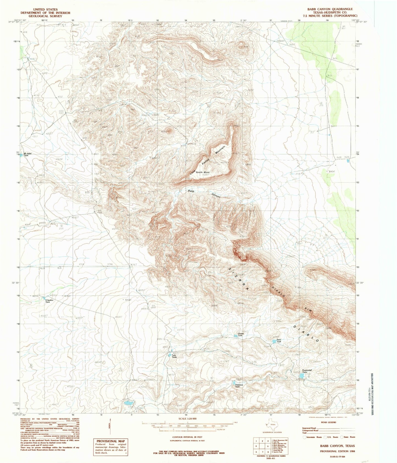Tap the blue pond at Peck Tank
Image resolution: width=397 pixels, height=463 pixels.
(x=274, y=341)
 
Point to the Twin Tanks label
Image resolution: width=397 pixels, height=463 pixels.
(x=174, y=356)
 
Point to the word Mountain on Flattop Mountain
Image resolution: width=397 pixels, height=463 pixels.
(x=220, y=150)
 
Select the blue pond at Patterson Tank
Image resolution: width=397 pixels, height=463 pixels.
(x=234, y=382)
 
